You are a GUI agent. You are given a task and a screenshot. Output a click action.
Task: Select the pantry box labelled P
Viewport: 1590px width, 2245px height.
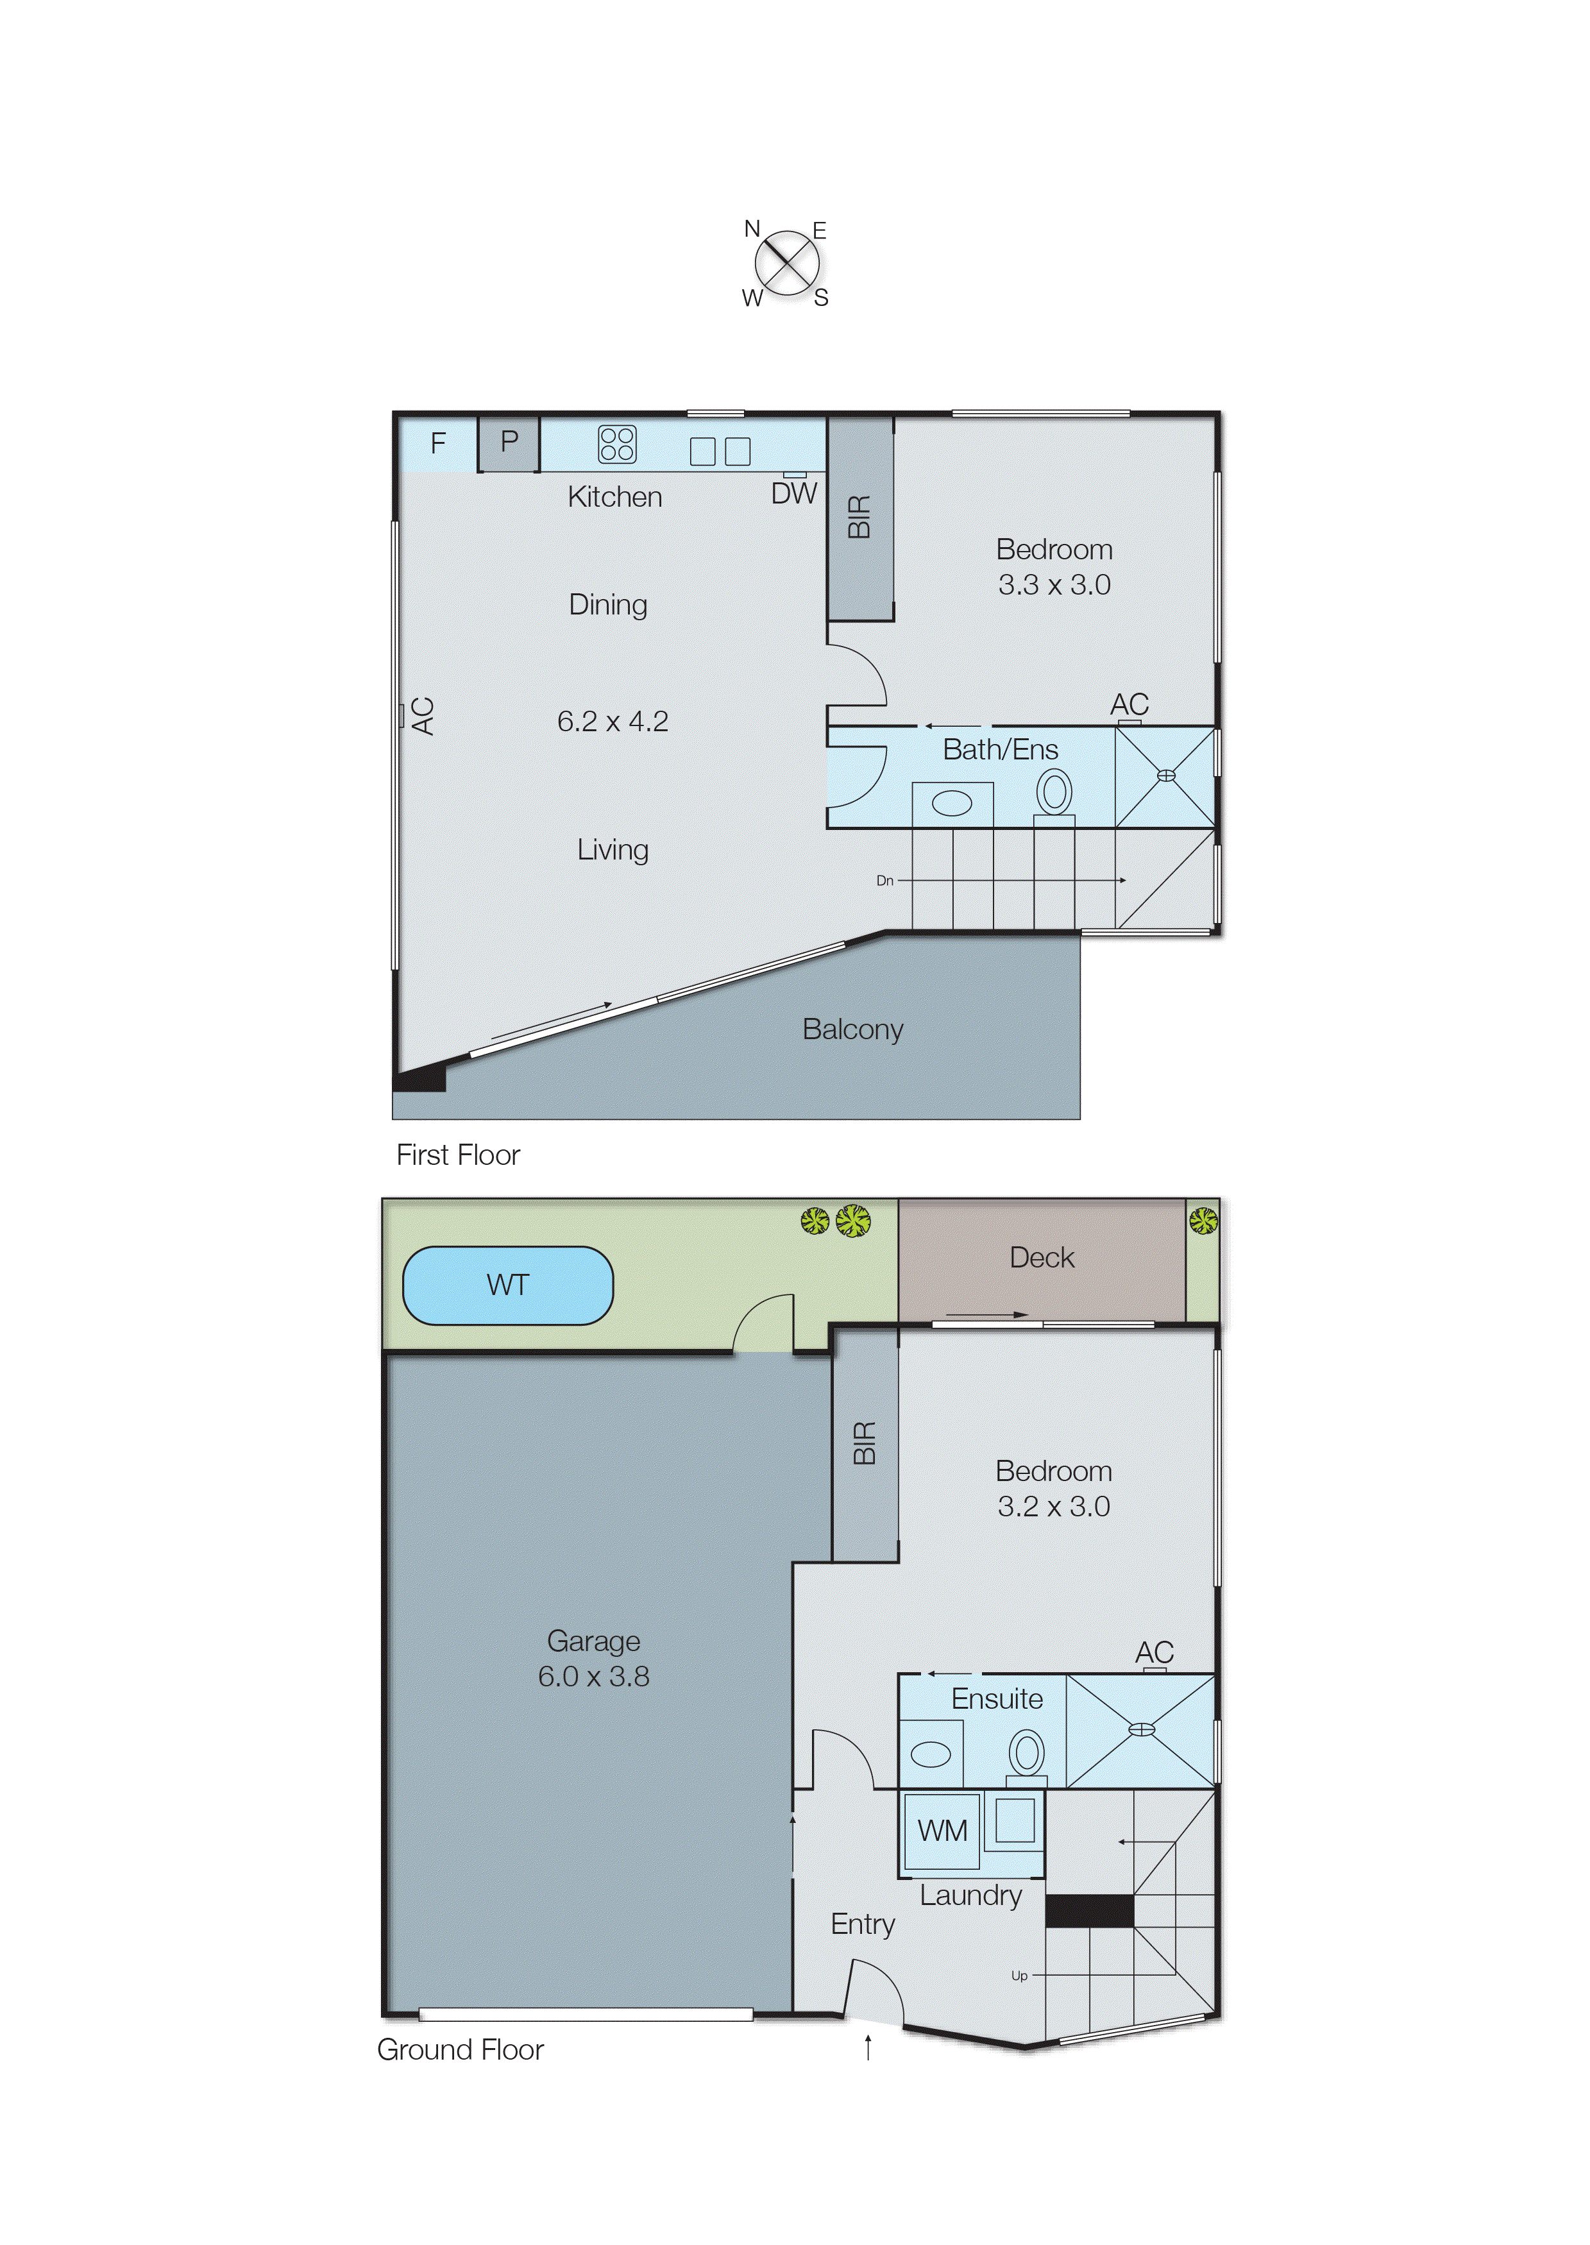pyautogui.click(x=508, y=443)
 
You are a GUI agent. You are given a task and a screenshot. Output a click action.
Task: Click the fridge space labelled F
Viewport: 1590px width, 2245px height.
pyautogui.click(x=437, y=443)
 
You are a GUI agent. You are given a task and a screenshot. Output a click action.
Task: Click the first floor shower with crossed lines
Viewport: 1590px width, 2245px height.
pyautogui.click(x=1165, y=776)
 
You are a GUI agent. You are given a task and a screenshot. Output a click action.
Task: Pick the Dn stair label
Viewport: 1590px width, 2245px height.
pyautogui.click(x=884, y=880)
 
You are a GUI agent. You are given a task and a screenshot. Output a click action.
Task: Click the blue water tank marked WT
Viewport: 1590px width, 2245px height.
pyautogui.click(x=507, y=1285)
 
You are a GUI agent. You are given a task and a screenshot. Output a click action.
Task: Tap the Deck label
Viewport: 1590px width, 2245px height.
pyautogui.click(x=1041, y=1257)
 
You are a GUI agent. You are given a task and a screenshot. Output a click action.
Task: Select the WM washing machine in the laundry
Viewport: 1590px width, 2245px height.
pyautogui.click(x=941, y=1830)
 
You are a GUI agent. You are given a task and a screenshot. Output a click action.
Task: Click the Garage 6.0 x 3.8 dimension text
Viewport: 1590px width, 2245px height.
pyautogui.click(x=593, y=1676)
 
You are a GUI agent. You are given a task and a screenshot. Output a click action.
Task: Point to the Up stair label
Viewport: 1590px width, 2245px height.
pyautogui.click(x=1019, y=1976)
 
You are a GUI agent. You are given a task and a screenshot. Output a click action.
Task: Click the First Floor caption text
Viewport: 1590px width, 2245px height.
pyautogui.click(x=457, y=1155)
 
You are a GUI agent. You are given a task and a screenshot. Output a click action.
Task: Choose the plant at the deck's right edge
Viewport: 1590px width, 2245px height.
pyautogui.click(x=1203, y=1220)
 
